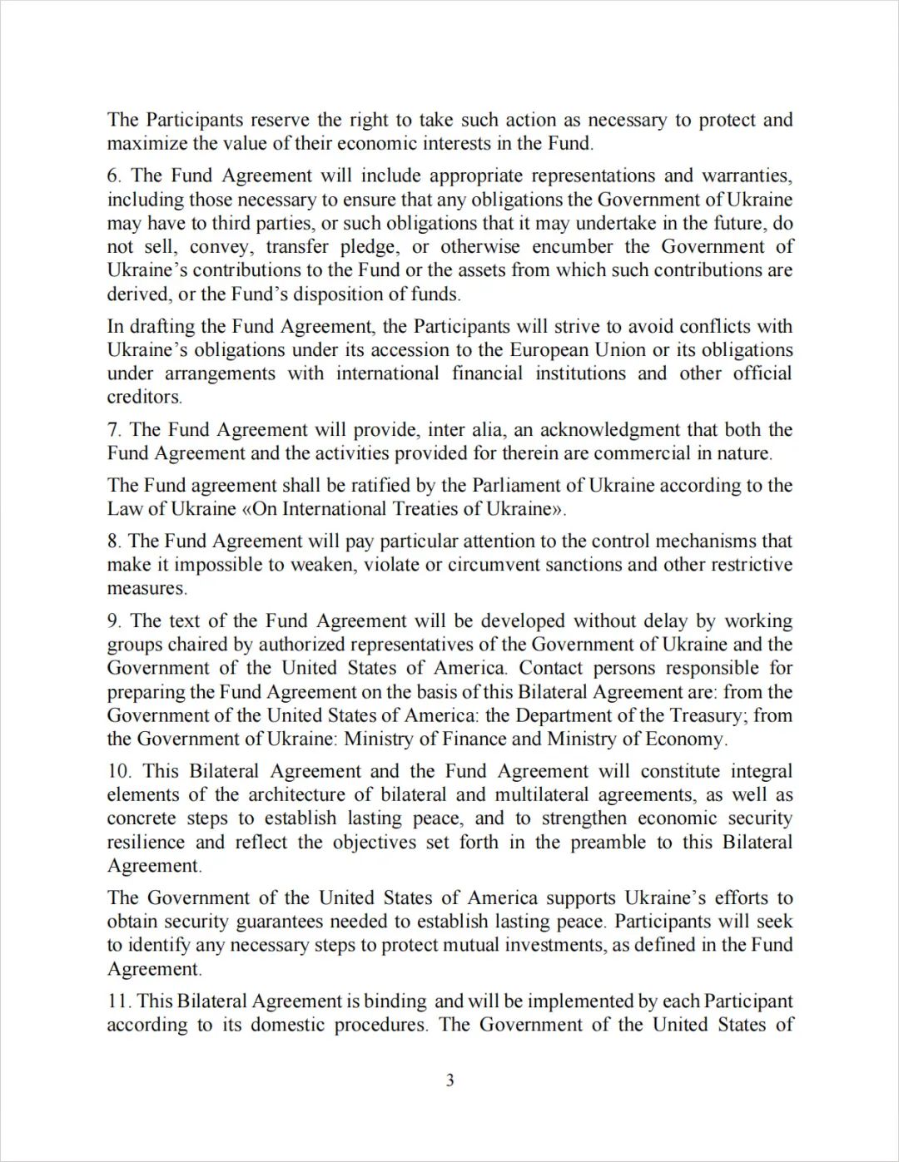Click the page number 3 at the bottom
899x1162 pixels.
point(449,1080)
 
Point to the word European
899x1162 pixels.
point(549,350)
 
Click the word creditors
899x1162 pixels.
point(143,397)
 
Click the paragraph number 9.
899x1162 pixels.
point(114,621)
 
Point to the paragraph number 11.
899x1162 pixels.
point(118,1001)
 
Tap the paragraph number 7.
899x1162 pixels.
point(114,430)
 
